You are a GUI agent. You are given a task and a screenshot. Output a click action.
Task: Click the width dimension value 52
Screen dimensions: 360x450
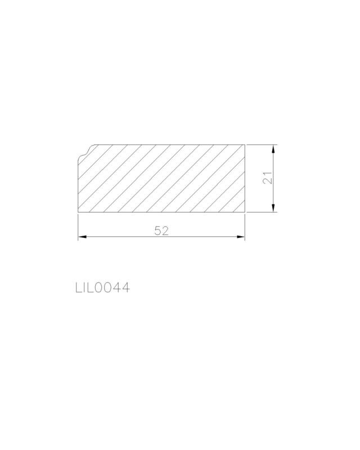[161, 231]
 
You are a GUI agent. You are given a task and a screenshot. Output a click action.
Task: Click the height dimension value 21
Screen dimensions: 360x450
[268, 178]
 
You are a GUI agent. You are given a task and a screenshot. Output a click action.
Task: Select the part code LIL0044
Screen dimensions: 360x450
[103, 287]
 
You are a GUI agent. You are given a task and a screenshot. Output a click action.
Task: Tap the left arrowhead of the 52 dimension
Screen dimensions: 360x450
[82, 237]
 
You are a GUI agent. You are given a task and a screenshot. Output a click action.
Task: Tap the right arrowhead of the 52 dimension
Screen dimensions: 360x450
[241, 237]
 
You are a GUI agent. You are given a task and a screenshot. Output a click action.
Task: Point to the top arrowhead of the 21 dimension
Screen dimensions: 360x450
[273, 149]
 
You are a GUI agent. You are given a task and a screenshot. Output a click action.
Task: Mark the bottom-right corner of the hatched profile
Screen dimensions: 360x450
[245, 213]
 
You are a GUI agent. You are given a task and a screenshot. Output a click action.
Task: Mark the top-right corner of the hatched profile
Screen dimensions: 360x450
[245, 145]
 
